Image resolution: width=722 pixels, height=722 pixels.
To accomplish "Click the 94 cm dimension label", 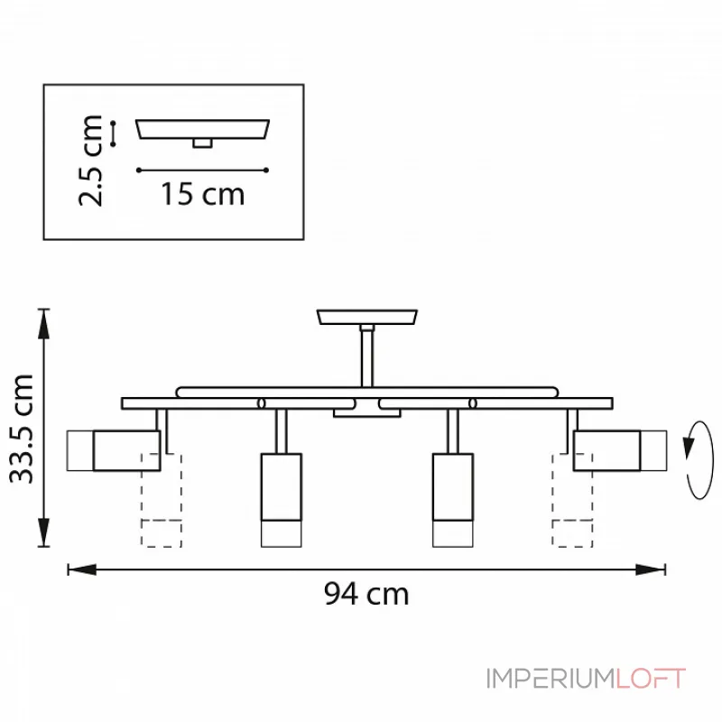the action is point(366,594).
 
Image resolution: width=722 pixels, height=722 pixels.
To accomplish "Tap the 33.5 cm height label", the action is point(22,429).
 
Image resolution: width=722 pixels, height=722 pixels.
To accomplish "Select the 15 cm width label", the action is point(202,194).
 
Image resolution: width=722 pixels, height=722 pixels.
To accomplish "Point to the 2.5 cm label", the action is point(90,161).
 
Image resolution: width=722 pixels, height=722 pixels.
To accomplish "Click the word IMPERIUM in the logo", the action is point(551,679).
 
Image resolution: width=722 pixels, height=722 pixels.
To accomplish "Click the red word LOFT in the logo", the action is point(651,679).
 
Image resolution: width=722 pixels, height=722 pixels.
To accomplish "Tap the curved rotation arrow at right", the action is point(699,460).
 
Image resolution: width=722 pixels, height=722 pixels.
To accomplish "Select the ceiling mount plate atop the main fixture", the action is point(367,317).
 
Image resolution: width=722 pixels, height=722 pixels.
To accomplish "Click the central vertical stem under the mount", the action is point(367,356).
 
